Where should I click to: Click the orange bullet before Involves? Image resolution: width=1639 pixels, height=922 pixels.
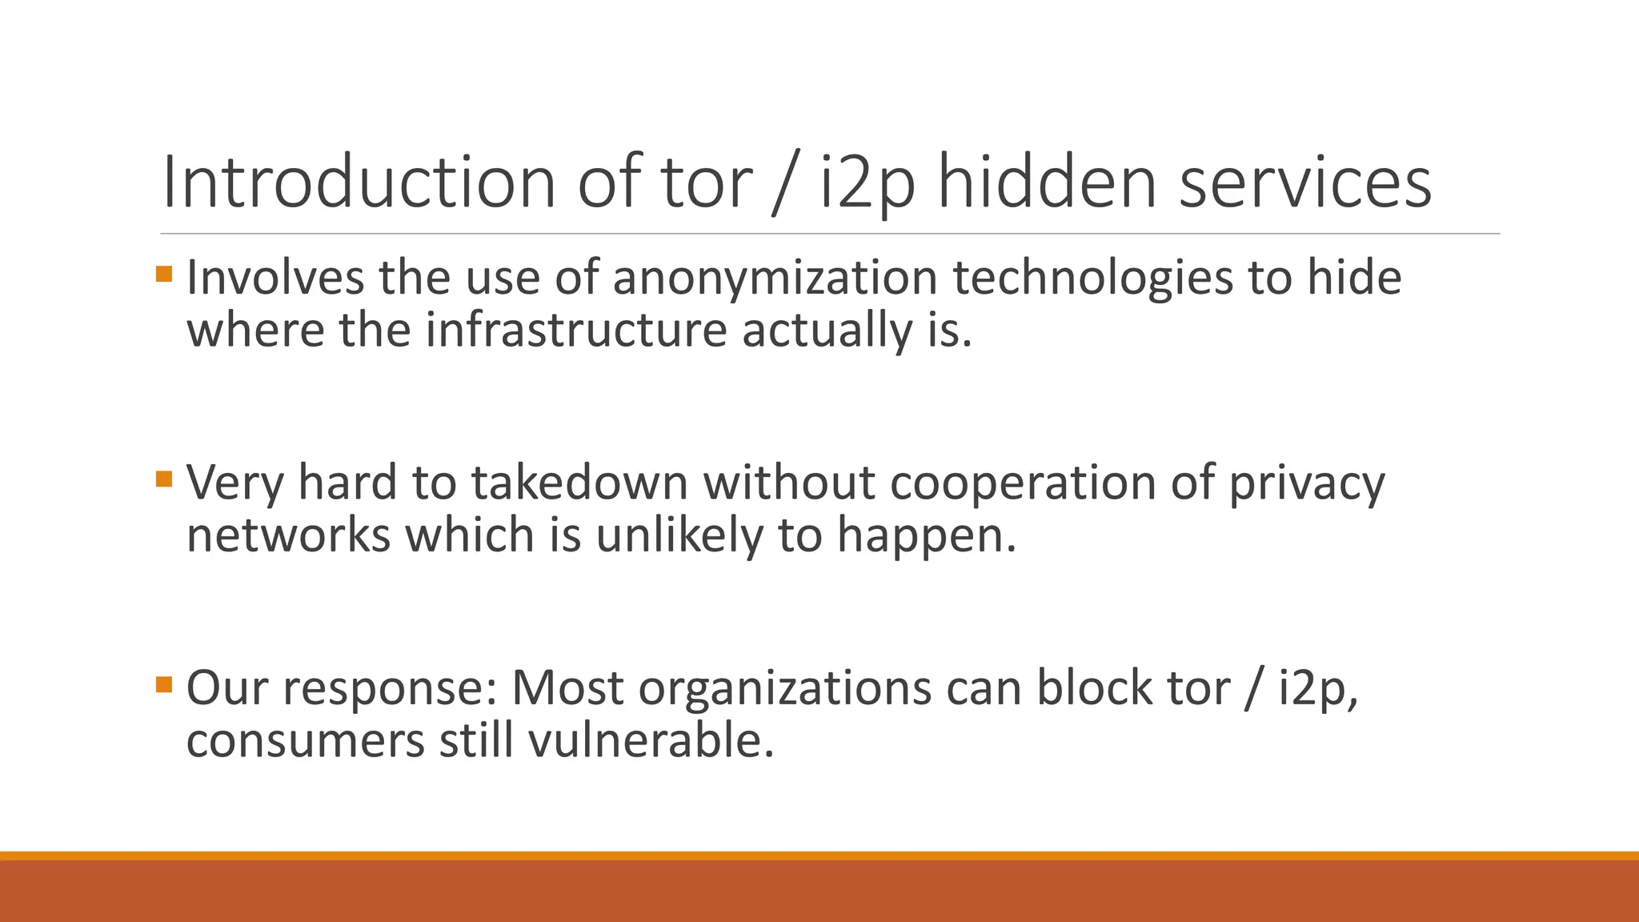coord(164,275)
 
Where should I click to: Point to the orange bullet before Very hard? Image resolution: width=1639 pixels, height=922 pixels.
coord(164,479)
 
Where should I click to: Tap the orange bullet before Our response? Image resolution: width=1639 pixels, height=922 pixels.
coord(164,684)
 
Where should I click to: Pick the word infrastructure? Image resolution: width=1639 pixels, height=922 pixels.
coord(575,330)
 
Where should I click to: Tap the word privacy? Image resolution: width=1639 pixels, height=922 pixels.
coord(1306,485)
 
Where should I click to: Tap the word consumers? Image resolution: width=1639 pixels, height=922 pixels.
coord(306,741)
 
